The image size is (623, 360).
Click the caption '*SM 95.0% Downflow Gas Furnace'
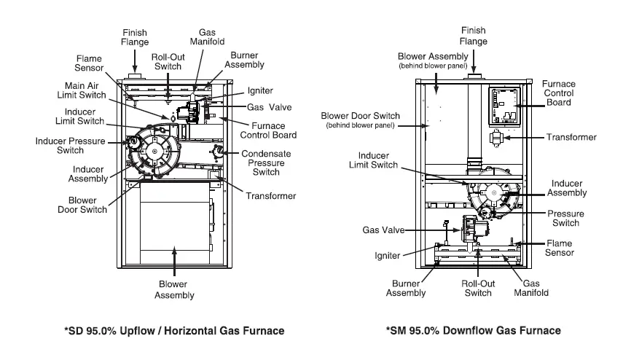pos(473,331)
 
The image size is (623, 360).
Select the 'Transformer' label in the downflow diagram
pos(571,136)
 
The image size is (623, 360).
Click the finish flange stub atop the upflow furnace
pos(134,77)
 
